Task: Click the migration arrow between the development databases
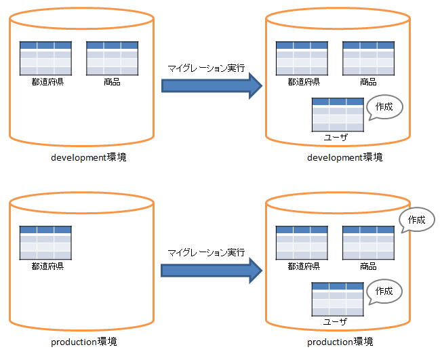point(210,85)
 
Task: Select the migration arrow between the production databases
point(210,269)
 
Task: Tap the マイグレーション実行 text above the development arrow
point(206,68)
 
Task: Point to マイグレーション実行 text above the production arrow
point(206,252)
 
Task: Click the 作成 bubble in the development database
point(384,107)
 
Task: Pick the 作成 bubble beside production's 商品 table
point(416,220)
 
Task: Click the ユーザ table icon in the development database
point(338,115)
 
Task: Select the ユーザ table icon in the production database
point(337,299)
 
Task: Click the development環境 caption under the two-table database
point(88,157)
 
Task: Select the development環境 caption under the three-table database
point(344,157)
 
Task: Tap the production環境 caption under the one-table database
point(88,341)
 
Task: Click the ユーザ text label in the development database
point(337,137)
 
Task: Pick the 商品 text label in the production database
point(368,266)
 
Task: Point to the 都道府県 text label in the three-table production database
point(302,266)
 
